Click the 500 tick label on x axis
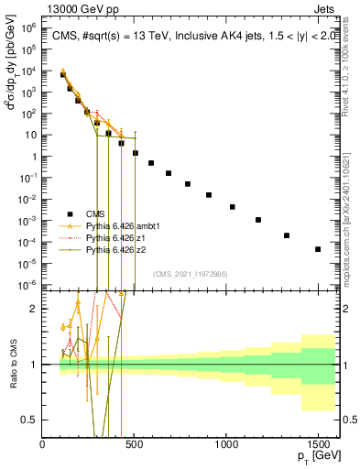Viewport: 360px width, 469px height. pyautogui.click(x=135, y=443)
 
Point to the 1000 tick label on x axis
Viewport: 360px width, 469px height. pyautogui.click(x=226, y=443)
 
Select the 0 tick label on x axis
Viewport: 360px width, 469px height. pyautogui.click(x=43, y=443)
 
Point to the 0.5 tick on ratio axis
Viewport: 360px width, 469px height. pyautogui.click(x=32, y=420)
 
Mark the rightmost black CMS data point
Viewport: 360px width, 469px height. pyautogui.click(x=318, y=249)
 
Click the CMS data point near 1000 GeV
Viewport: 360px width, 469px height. pyautogui.click(x=233, y=207)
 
